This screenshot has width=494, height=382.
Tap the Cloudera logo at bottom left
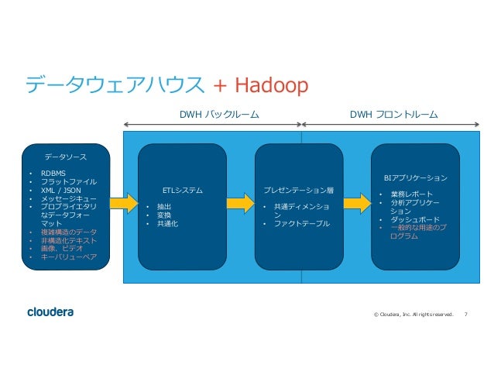tap(50, 312)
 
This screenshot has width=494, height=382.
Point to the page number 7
tap(465, 315)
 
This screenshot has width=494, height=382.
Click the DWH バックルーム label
tap(213, 115)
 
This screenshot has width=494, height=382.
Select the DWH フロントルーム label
tap(393, 115)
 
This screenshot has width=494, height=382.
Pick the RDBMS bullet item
tap(54, 173)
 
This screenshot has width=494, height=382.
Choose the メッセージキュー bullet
tap(68, 198)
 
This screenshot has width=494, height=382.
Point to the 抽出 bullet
tap(163, 206)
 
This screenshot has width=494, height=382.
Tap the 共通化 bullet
tap(167, 223)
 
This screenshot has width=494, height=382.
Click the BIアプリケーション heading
tap(415, 177)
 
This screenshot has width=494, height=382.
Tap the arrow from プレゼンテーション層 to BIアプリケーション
tap(356, 202)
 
